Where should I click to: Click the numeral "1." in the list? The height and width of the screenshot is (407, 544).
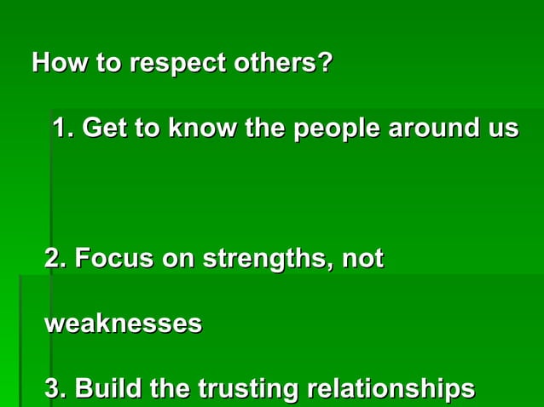(64, 129)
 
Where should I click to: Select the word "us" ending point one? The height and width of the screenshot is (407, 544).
(501, 130)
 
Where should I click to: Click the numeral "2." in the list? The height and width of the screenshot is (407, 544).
(55, 259)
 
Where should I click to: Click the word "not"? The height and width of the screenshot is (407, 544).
(362, 259)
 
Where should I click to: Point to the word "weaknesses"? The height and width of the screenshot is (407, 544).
(123, 324)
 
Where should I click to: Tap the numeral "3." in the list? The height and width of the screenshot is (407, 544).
(55, 389)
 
